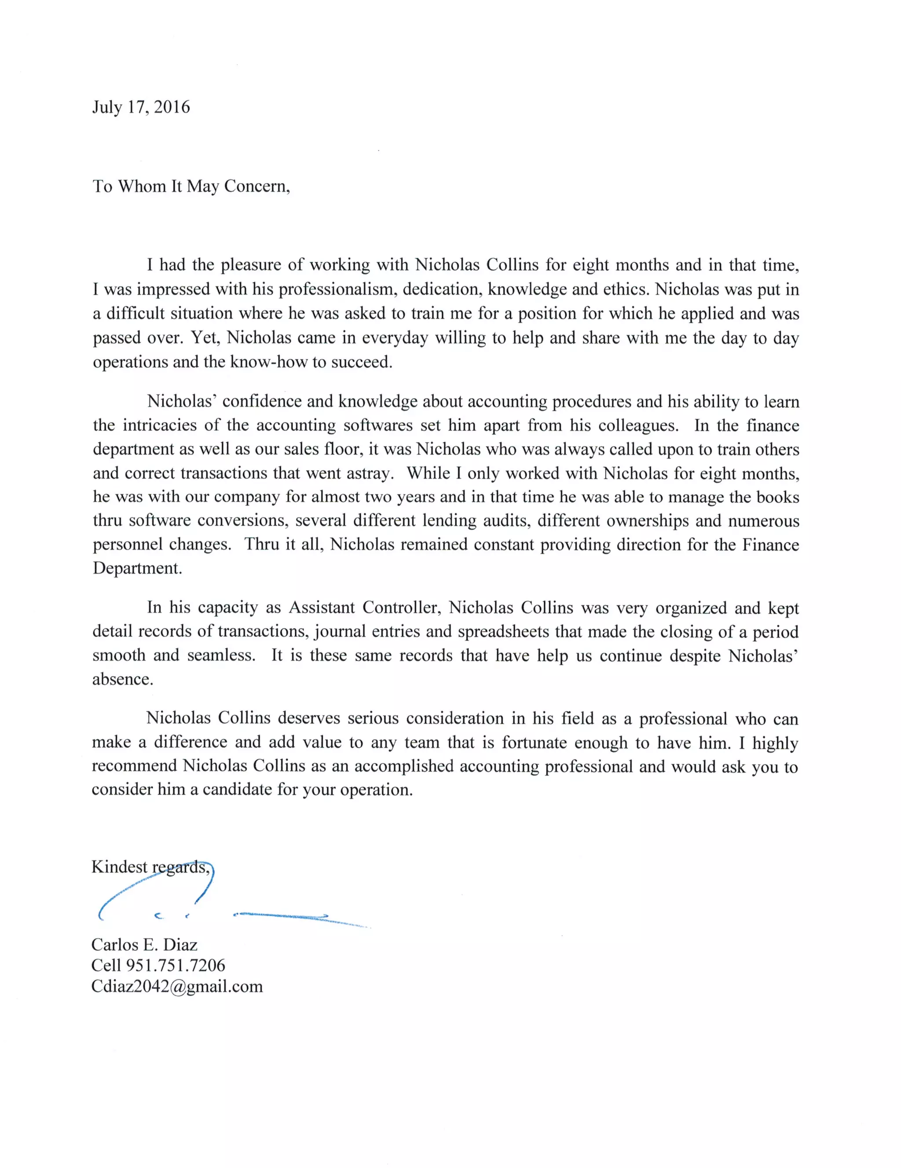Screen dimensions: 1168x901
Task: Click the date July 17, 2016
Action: [x=141, y=107]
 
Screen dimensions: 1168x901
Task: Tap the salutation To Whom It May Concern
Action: [x=191, y=186]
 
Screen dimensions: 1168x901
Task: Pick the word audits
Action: [x=507, y=520]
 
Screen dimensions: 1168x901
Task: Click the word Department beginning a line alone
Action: [x=137, y=568]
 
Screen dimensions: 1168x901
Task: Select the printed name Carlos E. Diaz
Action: [x=144, y=945]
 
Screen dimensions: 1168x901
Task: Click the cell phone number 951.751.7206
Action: [x=176, y=965]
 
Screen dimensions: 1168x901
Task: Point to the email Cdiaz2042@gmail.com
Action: [x=177, y=986]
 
